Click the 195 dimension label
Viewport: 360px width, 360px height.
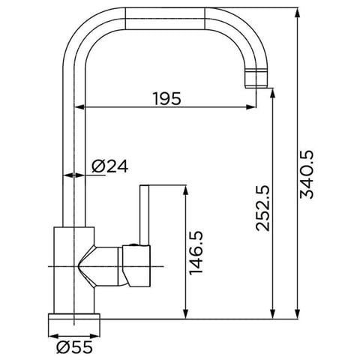[166, 99]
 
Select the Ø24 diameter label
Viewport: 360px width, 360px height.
[109, 166]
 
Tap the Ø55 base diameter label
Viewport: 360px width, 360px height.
[74, 347]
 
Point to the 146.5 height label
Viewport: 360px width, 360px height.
[196, 253]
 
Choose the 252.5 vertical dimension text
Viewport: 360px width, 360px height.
[262, 208]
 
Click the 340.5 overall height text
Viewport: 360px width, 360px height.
[306, 174]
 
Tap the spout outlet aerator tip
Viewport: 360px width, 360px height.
[256, 79]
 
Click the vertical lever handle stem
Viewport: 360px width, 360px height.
[145, 215]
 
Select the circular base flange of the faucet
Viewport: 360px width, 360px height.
[74, 325]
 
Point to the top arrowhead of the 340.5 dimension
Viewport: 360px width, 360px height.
[297, 13]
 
